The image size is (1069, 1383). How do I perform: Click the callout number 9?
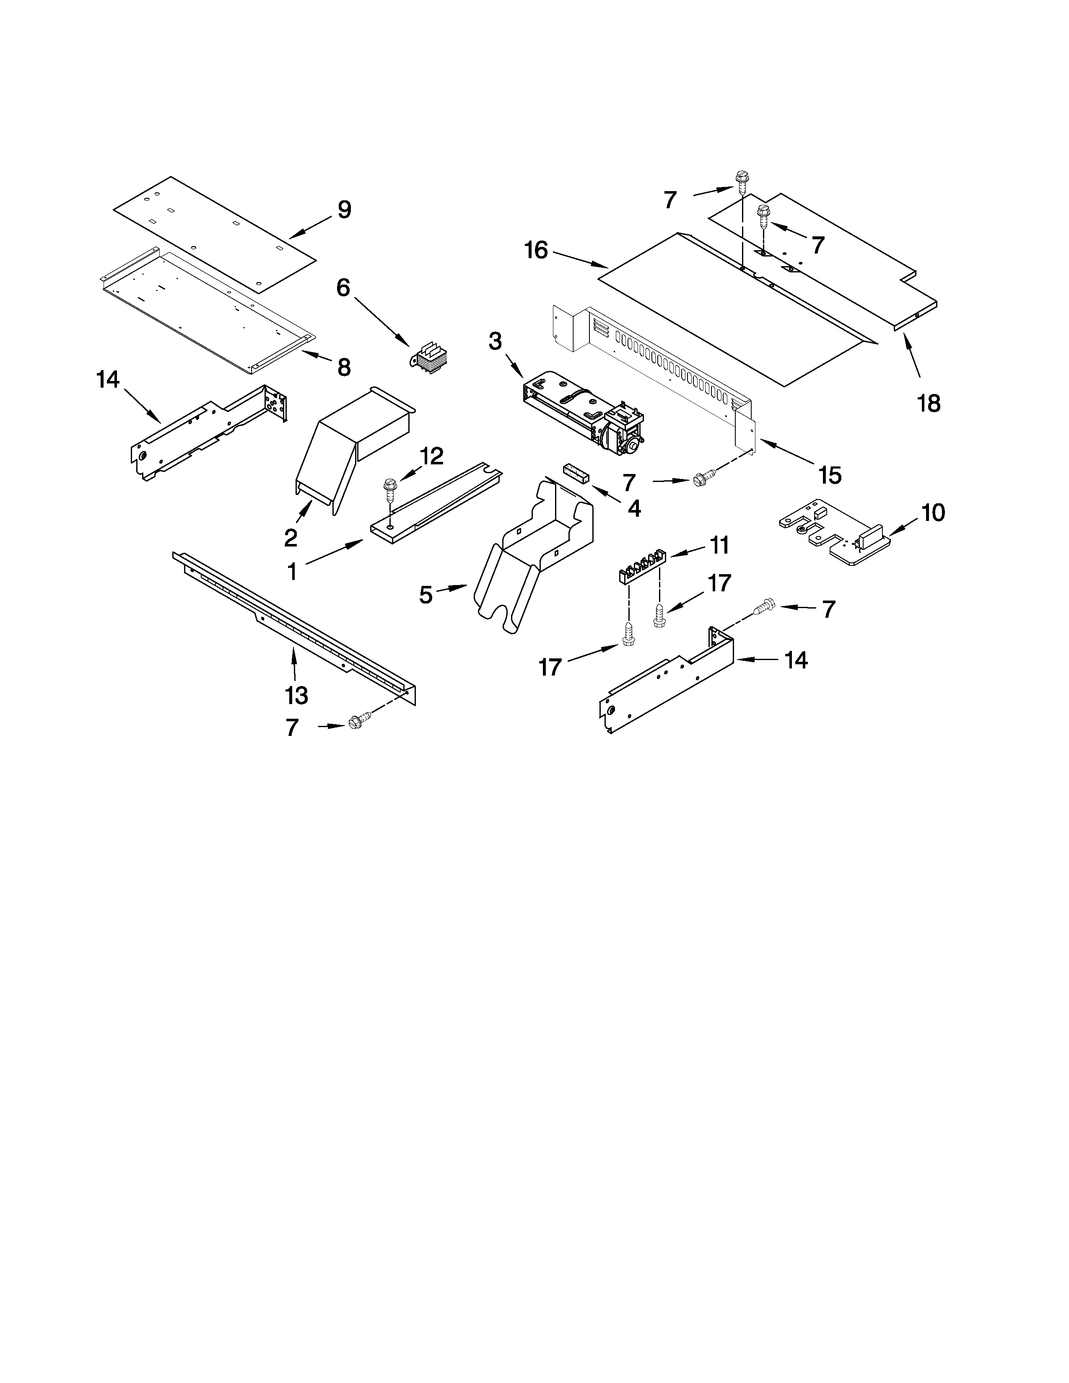click(x=344, y=210)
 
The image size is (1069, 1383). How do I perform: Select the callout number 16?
click(x=536, y=251)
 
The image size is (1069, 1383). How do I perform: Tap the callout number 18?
click(x=929, y=403)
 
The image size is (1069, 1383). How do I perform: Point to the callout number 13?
click(x=296, y=695)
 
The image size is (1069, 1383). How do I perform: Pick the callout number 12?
click(x=431, y=456)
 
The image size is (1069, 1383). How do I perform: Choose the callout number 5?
click(x=426, y=595)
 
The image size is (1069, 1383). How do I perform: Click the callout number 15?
click(x=830, y=474)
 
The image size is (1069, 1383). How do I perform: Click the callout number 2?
click(x=290, y=538)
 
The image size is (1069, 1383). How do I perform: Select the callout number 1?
click(x=292, y=571)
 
